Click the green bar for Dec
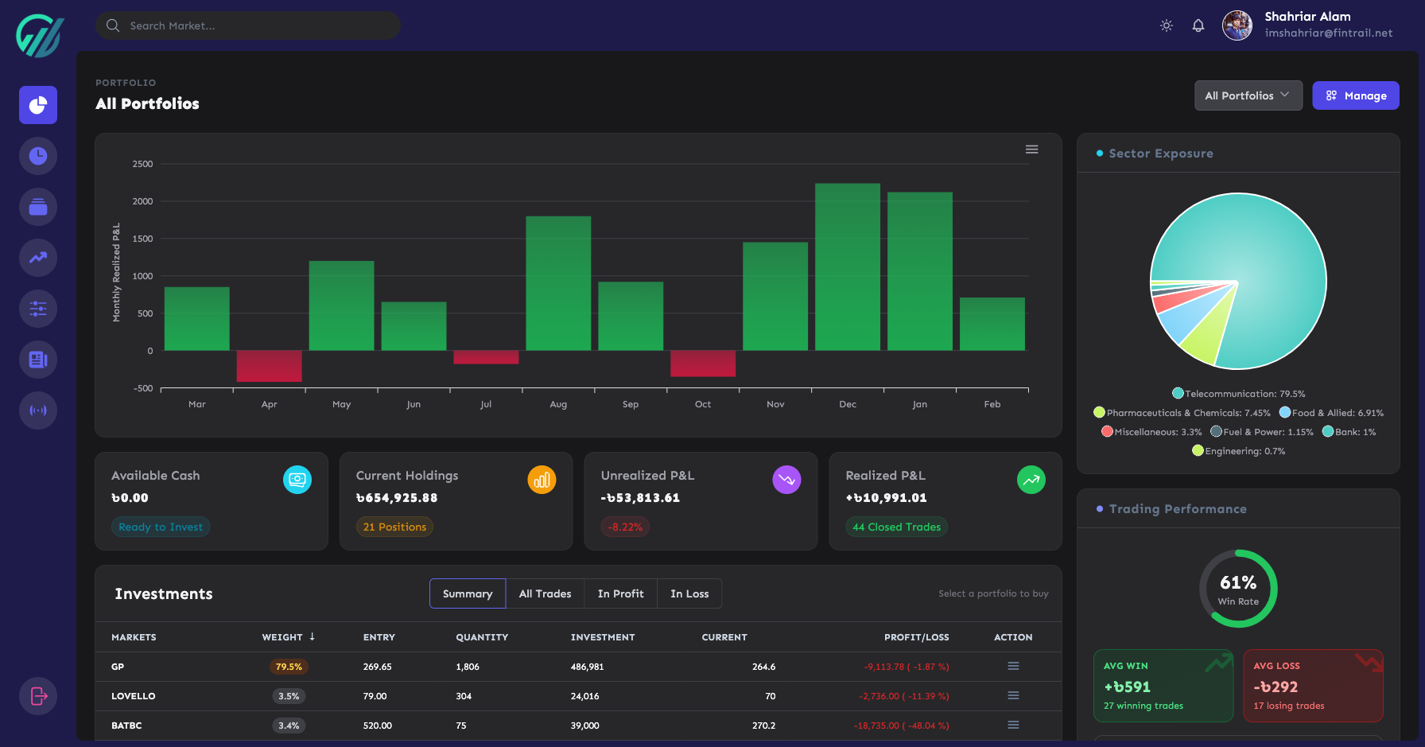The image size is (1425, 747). point(848,267)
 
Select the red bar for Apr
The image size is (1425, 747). point(269,366)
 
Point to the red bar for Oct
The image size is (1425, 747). point(703,364)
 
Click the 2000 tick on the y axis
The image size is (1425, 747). point(143,201)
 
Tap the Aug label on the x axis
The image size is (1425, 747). point(558,404)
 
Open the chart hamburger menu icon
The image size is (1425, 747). point(1031,150)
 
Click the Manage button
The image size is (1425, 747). point(1355,95)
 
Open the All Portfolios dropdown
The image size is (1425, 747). point(1248,95)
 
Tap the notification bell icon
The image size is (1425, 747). point(1198,25)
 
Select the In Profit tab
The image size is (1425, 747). point(620,593)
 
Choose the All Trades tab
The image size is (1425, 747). point(545,593)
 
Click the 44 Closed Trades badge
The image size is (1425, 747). point(896,527)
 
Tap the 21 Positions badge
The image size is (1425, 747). point(394,527)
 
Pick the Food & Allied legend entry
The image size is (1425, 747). point(1331,413)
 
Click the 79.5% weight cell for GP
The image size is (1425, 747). point(289,667)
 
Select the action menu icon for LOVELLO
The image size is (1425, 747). point(1013,695)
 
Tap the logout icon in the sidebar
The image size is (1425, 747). point(38,696)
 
